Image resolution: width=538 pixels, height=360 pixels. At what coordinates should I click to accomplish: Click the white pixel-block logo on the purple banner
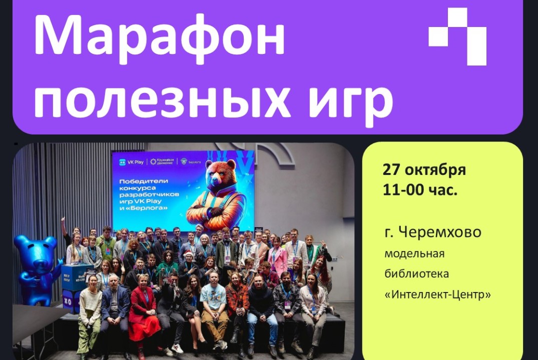[457, 36]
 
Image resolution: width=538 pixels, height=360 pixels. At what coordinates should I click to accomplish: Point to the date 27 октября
[424, 170]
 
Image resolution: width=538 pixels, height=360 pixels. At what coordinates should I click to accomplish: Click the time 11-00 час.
[420, 190]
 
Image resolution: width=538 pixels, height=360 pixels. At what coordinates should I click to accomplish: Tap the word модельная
[414, 253]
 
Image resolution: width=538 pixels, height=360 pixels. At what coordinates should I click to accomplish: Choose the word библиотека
[416, 274]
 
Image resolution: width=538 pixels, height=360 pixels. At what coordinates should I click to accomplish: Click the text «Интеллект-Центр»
[437, 294]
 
